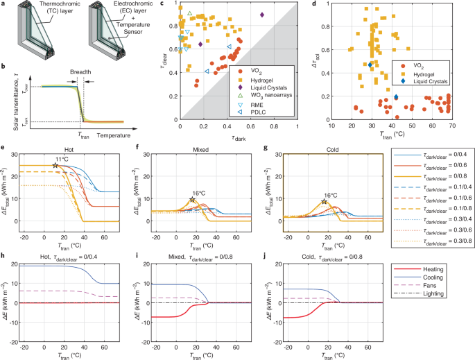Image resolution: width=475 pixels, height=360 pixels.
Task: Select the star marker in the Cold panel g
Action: (x=323, y=202)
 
